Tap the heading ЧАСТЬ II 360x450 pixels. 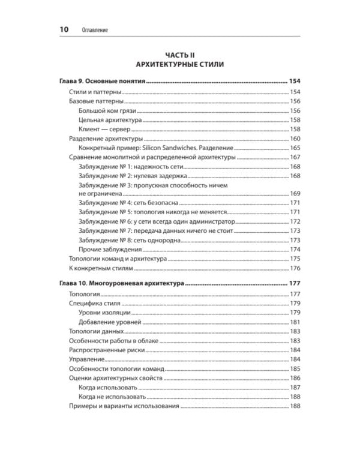179,54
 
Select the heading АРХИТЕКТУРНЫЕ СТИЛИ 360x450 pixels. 179,64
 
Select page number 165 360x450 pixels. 295,148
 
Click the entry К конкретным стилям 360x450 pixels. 97,268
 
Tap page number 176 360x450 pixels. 295,268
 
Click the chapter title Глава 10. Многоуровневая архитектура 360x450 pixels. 122,284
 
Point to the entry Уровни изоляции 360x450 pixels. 105,313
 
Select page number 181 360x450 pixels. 295,322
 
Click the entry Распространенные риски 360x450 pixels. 103,350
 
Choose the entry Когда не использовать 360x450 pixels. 112,397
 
